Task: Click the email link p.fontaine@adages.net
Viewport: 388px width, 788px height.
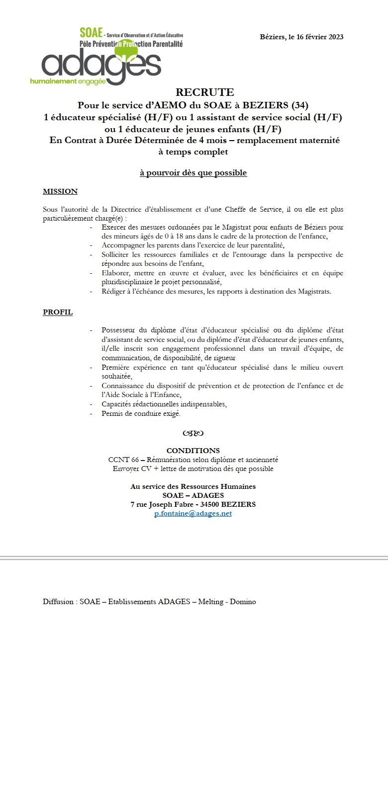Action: point(193,513)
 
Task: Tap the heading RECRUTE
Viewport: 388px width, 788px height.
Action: point(204,92)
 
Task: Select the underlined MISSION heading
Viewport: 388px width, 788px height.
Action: point(60,191)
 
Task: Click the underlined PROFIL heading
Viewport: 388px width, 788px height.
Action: point(58,312)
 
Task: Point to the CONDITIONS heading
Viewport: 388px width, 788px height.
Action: point(193,451)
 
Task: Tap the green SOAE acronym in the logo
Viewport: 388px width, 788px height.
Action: point(91,33)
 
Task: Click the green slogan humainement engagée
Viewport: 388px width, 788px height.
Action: point(68,81)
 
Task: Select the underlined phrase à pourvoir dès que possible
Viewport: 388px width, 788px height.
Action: point(193,173)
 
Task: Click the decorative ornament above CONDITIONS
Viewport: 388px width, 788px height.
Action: point(193,433)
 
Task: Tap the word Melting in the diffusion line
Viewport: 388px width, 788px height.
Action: point(210,602)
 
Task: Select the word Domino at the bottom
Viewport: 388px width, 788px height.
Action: point(243,602)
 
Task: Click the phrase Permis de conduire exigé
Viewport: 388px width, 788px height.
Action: point(141,413)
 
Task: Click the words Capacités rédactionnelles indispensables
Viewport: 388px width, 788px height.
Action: point(164,404)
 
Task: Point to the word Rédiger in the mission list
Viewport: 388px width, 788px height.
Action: point(113,291)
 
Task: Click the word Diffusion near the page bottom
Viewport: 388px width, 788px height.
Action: point(59,602)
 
